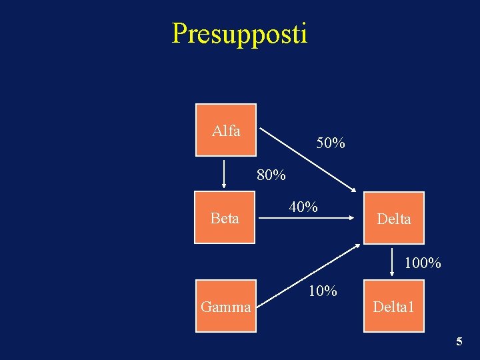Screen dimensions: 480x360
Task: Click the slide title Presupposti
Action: tap(239, 33)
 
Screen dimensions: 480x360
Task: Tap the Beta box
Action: tap(225, 218)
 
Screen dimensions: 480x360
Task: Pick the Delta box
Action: tap(393, 218)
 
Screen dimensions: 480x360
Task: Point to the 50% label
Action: tap(331, 143)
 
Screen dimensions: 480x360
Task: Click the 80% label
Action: tap(271, 176)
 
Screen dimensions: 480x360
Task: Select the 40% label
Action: tap(303, 207)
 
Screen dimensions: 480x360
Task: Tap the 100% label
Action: tap(423, 263)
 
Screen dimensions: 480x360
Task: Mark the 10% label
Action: tap(322, 291)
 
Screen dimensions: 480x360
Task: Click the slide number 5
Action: tap(459, 342)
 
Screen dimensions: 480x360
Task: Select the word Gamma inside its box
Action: tap(226, 307)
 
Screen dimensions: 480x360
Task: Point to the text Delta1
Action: tap(393, 307)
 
